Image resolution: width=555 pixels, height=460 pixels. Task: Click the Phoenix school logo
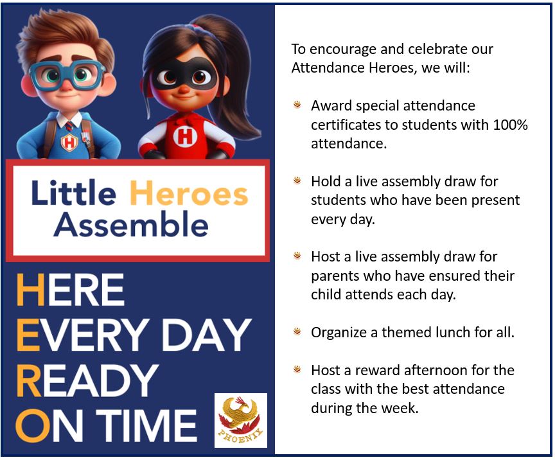241,420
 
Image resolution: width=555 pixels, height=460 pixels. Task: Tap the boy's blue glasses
67,75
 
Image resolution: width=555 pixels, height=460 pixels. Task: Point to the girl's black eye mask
184,73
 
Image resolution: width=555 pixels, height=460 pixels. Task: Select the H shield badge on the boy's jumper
69,143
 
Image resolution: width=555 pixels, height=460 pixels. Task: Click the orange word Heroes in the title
189,193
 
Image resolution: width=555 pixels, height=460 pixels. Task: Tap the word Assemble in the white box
131,224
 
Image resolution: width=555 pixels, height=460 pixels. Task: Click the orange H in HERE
31,290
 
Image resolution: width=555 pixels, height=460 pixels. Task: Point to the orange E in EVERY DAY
28,335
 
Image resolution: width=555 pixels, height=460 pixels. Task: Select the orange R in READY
29,381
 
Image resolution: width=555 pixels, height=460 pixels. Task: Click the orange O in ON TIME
33,426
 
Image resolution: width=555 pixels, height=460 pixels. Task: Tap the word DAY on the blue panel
206,335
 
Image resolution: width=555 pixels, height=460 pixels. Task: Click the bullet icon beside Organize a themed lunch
297,332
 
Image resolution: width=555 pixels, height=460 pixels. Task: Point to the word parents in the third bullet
333,276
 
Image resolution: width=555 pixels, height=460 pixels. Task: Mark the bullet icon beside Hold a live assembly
297,181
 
